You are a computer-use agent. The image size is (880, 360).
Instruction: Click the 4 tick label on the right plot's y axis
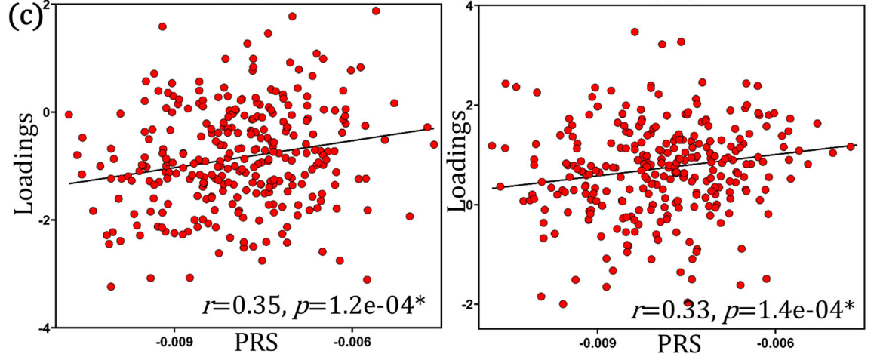(469, 6)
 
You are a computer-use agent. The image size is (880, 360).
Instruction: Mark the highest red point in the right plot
(635, 32)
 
